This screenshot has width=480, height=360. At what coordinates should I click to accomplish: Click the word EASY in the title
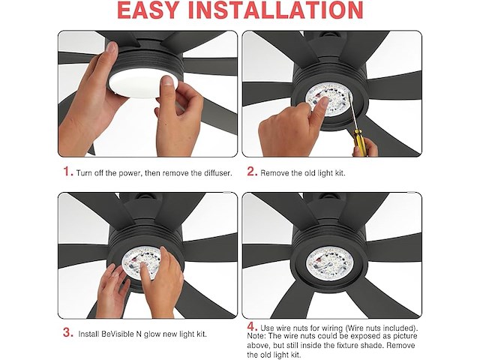[148, 10]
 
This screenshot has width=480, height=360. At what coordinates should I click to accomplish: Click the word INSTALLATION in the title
[276, 10]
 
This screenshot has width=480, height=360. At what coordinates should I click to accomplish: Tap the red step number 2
[252, 172]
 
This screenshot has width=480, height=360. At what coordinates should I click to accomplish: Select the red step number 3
[68, 332]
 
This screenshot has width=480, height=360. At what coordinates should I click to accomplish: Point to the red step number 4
[252, 327]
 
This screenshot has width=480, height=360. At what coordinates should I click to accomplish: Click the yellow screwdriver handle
[358, 138]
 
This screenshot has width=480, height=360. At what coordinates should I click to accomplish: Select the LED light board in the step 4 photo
[329, 263]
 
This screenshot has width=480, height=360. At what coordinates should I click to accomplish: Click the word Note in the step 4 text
[256, 336]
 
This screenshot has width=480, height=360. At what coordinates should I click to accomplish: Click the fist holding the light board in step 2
[289, 127]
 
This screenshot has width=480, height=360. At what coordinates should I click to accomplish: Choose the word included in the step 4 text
[399, 328]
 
